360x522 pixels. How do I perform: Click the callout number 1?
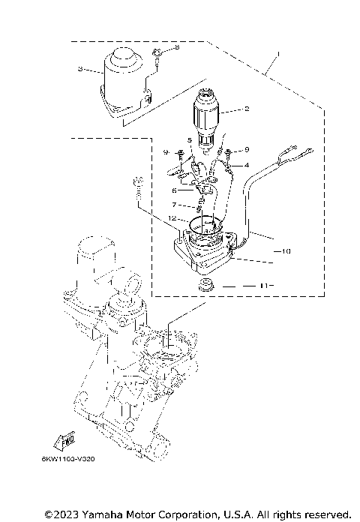[x=278, y=55]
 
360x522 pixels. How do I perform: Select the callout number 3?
[x=79, y=69]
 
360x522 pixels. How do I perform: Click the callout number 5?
[x=190, y=140]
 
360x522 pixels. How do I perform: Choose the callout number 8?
[x=177, y=47]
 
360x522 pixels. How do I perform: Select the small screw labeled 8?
[x=159, y=52]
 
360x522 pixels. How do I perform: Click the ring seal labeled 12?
[x=202, y=223]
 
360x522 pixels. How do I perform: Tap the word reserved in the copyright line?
[x=326, y=514]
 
